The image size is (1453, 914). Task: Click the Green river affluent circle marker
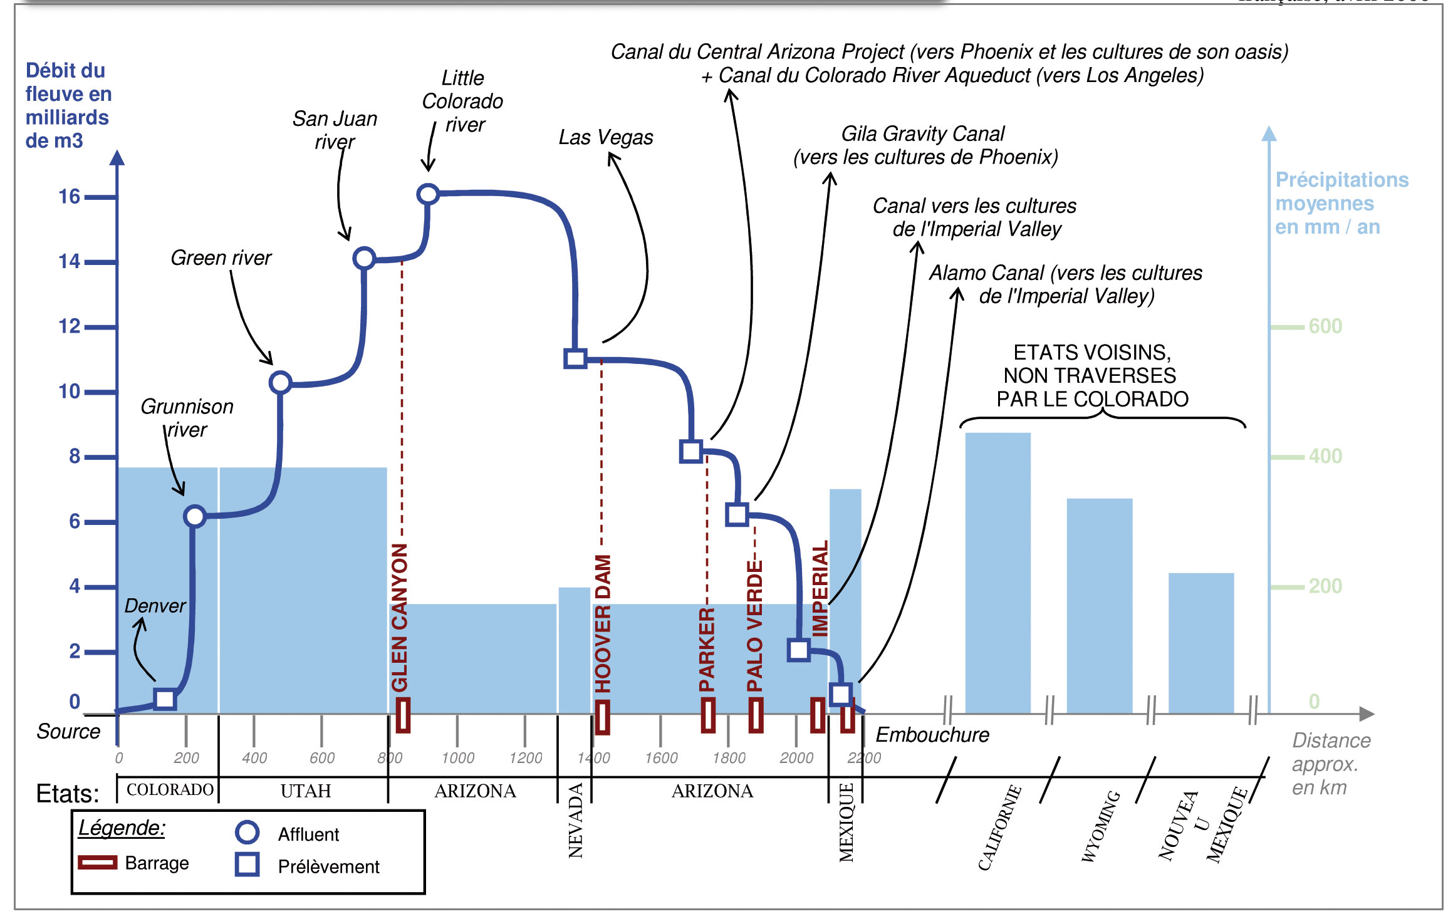point(280,382)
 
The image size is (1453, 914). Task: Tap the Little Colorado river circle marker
point(428,194)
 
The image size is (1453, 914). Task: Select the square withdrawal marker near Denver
point(165,698)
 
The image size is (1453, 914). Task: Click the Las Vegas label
point(605,137)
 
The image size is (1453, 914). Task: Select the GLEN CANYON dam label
point(400,617)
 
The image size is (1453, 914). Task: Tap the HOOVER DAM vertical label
point(603,623)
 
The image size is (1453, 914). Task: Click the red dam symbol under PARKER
point(708,715)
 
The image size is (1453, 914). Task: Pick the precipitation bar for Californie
point(997,573)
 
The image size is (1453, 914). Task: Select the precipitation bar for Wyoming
point(1099,606)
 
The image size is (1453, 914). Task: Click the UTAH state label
point(305,791)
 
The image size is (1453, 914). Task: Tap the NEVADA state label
point(576,820)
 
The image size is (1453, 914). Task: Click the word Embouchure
point(932,734)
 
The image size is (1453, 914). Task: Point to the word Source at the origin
point(68,731)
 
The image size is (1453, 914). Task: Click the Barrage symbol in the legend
point(97,863)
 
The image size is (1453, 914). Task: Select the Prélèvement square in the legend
point(247,865)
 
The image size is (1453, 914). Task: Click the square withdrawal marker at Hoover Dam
point(575,358)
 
